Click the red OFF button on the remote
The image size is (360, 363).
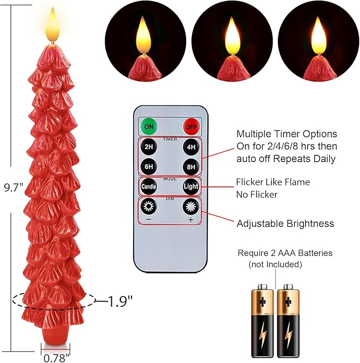191,127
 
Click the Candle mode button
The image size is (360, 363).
149,187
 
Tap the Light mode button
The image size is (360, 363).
191,187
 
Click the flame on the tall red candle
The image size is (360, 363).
52,25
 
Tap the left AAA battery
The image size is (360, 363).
262,321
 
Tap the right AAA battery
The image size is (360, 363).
289,321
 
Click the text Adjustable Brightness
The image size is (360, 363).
285,224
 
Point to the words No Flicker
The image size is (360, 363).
257,195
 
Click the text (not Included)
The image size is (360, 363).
275,264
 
